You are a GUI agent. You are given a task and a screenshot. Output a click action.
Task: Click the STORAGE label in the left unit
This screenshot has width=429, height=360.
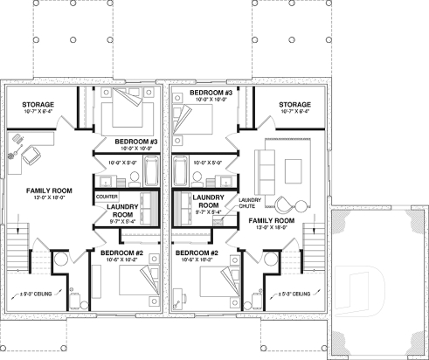click(38, 104)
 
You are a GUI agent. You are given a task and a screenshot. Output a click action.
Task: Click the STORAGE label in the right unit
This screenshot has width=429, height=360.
click(295, 104)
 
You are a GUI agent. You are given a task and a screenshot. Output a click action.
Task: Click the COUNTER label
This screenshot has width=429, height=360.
click(106, 197)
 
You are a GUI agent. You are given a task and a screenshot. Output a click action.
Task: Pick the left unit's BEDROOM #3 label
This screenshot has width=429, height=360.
click(135, 141)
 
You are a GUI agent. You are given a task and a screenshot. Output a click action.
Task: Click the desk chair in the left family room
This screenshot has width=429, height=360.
click(30, 154)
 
